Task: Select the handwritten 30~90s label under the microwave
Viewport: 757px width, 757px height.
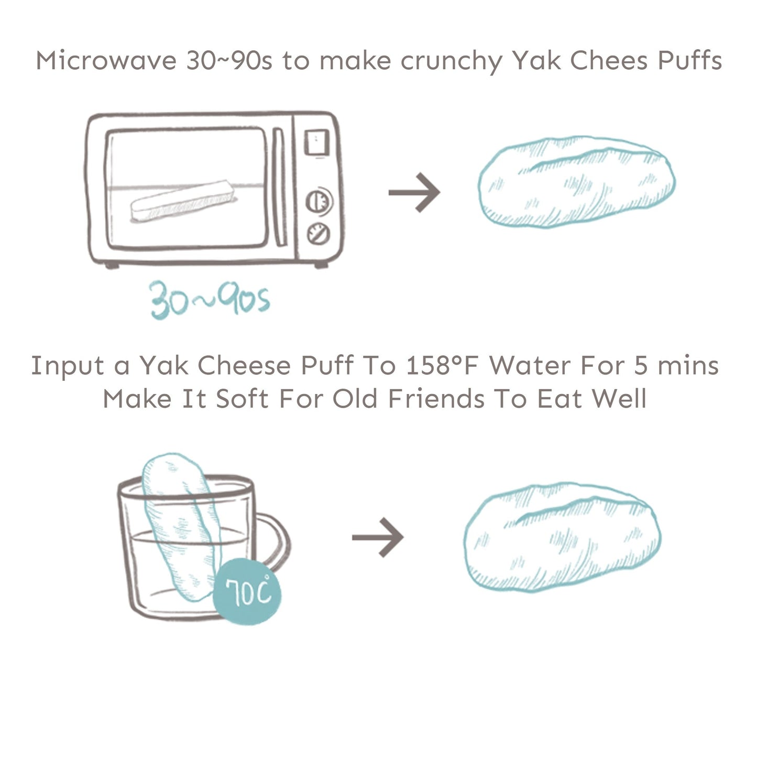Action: (210, 300)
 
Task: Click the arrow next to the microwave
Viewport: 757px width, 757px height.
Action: (414, 192)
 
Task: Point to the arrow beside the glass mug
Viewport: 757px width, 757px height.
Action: (378, 537)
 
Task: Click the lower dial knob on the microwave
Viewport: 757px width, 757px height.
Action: (317, 234)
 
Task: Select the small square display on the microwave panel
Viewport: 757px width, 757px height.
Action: (316, 142)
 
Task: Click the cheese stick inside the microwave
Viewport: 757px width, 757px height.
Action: (182, 202)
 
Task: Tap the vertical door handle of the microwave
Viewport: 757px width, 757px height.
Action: (279, 187)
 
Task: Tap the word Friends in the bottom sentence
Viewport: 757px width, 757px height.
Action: (436, 399)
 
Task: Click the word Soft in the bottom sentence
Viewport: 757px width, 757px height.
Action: (242, 399)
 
